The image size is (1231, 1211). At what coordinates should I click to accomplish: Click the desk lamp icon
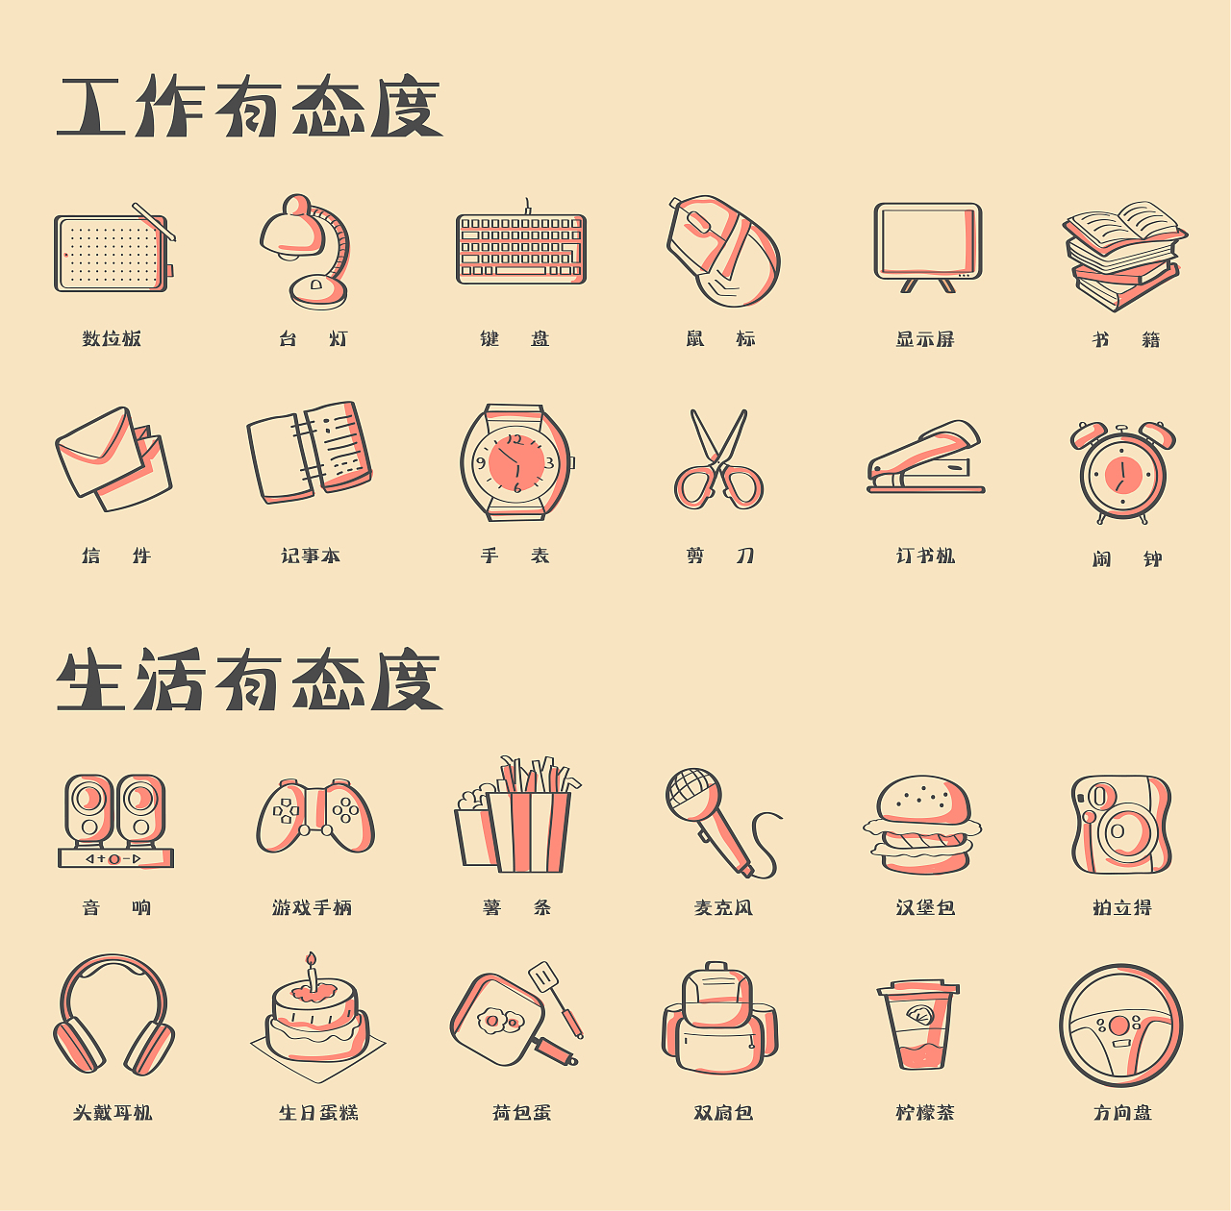coord(306,252)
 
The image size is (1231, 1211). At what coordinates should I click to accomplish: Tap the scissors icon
coord(718,459)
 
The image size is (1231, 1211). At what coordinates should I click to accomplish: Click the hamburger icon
coord(922,825)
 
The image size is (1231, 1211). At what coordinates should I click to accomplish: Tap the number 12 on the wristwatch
coord(515,439)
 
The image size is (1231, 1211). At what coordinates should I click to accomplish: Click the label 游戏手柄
coord(312,907)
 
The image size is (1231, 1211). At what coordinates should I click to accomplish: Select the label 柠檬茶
coord(925,1112)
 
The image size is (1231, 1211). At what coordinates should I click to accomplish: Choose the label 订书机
coord(925,556)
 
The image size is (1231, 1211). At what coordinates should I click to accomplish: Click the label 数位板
coord(112,338)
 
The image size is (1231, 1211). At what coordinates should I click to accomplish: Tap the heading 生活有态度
coord(249,681)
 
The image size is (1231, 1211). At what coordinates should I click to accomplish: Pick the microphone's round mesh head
coord(693,793)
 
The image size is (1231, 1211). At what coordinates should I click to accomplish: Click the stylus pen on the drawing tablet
coord(154,221)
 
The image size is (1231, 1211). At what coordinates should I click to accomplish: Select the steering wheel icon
coord(1121,1026)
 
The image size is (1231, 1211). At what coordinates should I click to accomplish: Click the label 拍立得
coord(1121,907)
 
